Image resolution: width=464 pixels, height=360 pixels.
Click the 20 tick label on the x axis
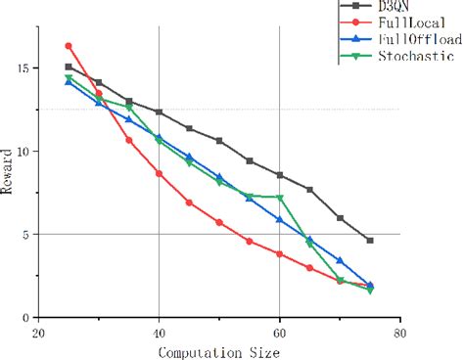click(x=38, y=333)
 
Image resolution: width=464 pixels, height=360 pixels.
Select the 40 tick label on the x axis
click(x=159, y=333)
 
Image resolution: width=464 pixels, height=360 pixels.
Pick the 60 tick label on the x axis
click(x=280, y=333)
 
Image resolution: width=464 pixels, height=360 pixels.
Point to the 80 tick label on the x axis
click(x=400, y=333)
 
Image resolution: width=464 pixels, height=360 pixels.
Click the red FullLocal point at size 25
click(x=69, y=46)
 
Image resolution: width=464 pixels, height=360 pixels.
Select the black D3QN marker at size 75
click(x=370, y=241)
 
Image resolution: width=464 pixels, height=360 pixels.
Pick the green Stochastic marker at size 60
click(x=280, y=198)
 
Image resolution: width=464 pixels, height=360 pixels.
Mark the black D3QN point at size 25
click(x=69, y=67)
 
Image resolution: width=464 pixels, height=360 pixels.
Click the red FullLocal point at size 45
click(x=189, y=202)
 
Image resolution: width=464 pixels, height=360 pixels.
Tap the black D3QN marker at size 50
click(x=219, y=141)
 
